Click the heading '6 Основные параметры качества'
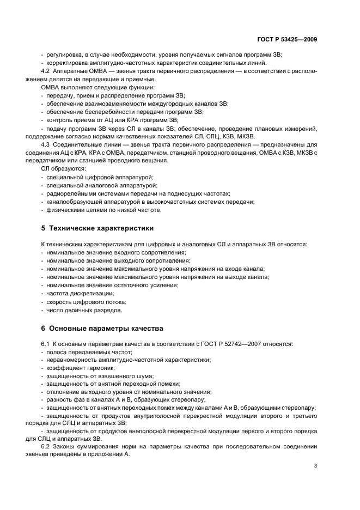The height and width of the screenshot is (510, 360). pyautogui.click(x=100, y=329)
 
